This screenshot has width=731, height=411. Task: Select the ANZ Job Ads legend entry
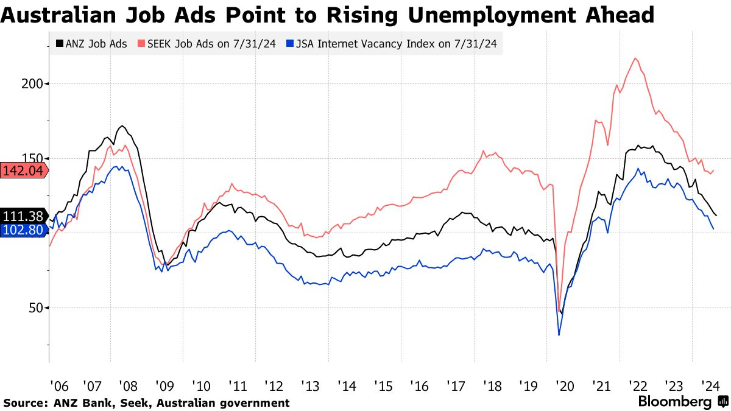91,44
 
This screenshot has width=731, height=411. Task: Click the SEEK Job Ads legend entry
207,44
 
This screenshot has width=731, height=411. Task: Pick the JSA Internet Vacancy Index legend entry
392,44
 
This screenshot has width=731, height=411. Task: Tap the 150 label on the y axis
32,159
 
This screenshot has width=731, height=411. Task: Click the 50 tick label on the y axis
36,308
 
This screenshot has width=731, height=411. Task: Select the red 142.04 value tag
24,170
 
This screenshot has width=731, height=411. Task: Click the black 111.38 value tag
24,216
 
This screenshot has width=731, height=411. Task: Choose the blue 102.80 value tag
24,230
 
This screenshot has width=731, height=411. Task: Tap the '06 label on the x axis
60,386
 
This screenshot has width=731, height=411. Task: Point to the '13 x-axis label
310,386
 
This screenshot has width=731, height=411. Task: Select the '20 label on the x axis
565,386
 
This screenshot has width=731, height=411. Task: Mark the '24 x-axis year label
710,386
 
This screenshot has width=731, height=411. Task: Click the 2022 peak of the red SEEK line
635,58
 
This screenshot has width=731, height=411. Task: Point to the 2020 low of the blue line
559,335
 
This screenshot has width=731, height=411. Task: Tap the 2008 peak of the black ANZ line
122,126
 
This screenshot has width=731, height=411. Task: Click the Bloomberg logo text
674,401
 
